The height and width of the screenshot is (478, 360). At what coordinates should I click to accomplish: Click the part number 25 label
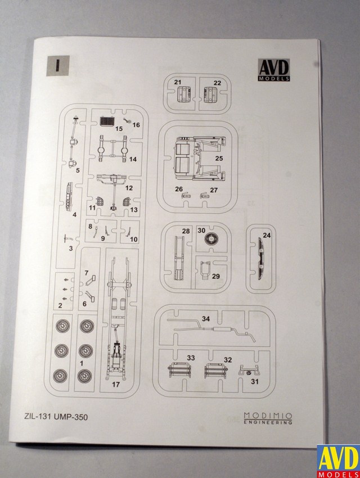[219, 159]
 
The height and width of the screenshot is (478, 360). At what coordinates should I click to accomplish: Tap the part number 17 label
[116, 385]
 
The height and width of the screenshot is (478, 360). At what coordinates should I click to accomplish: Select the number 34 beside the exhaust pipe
[206, 319]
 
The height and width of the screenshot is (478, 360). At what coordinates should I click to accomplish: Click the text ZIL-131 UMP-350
[57, 417]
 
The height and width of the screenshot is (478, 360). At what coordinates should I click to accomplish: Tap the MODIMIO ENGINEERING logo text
[268, 418]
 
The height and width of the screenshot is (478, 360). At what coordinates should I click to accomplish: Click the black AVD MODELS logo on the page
[274, 70]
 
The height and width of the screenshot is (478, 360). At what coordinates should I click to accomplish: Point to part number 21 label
[178, 83]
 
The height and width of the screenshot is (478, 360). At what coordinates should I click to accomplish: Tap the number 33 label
[191, 358]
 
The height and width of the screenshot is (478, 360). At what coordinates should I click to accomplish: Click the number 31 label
[254, 382]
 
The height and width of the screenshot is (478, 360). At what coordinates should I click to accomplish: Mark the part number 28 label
[186, 231]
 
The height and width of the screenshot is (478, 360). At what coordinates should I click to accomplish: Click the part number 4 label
[74, 214]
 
